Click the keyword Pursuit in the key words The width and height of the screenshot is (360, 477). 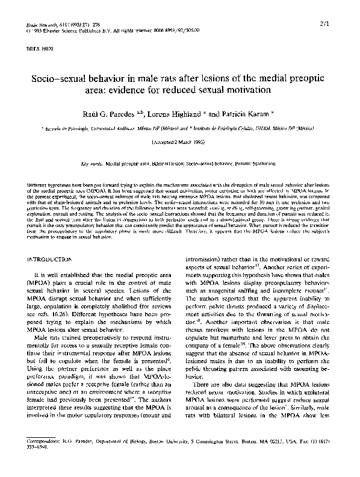[252, 163]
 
